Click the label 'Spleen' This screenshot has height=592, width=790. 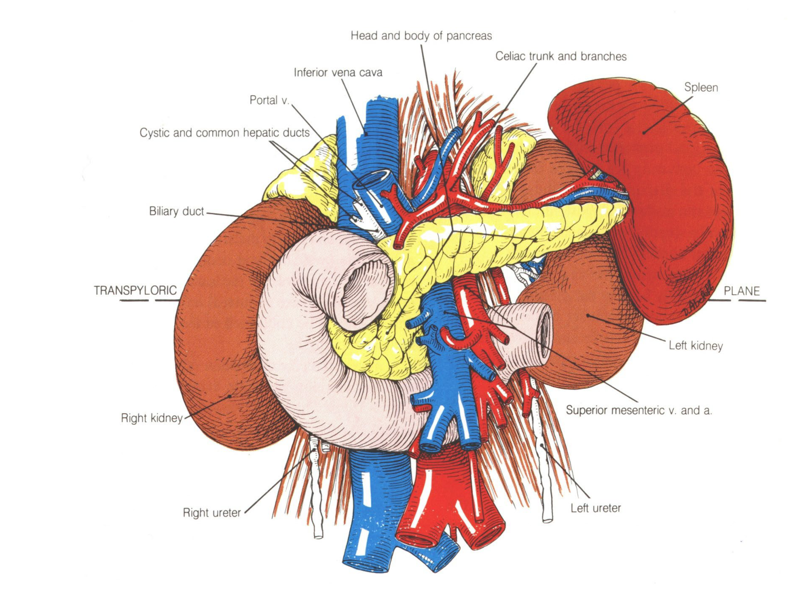700,87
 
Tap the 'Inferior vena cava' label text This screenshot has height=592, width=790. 338,73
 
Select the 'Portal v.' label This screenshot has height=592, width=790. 269,100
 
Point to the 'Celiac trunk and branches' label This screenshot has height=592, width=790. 560,56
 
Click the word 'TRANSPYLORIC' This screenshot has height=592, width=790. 135,290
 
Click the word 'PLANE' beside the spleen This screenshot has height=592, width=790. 741,291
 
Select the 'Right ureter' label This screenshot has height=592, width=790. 211,513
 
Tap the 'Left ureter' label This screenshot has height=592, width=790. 595,508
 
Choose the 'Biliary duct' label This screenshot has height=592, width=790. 176,211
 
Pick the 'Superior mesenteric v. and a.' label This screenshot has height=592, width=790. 638,410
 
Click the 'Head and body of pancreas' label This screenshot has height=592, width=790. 421,36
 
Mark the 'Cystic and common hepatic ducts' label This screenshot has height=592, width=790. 224,133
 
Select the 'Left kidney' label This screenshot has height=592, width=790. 695,346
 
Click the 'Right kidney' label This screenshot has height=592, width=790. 151,418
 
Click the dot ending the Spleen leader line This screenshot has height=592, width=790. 644,132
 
